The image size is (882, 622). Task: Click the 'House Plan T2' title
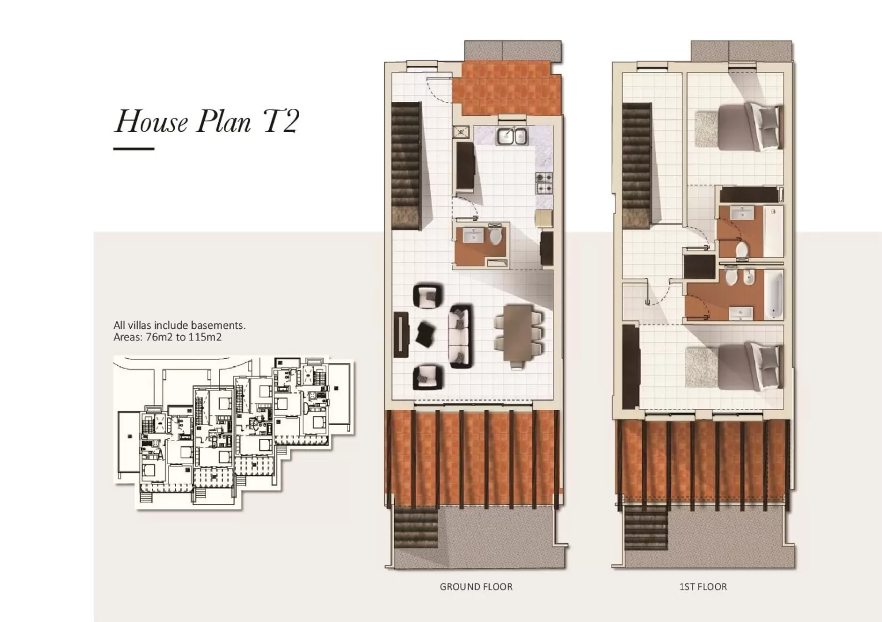point(207,121)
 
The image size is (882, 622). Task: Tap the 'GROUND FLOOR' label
point(476,587)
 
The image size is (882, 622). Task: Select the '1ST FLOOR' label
point(703,587)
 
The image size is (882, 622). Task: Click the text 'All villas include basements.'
point(180,325)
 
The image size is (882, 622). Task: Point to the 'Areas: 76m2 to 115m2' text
point(167,337)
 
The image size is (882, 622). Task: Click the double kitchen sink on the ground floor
point(512,136)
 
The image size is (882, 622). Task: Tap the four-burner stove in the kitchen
point(544,183)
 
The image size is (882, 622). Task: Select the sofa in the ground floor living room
point(461,336)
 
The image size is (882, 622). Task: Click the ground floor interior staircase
point(406,166)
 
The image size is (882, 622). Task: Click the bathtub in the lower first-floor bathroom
point(773,295)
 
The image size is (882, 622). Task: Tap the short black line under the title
point(133,149)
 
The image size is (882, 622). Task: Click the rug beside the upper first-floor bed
point(707,128)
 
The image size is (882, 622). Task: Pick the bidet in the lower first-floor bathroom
point(749,279)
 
